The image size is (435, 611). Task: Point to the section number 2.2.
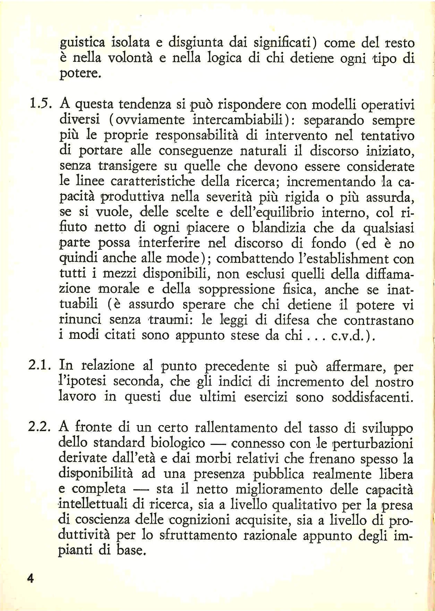pyautogui.click(x=40, y=427)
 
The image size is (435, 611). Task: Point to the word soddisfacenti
pyautogui.click(x=372, y=397)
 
